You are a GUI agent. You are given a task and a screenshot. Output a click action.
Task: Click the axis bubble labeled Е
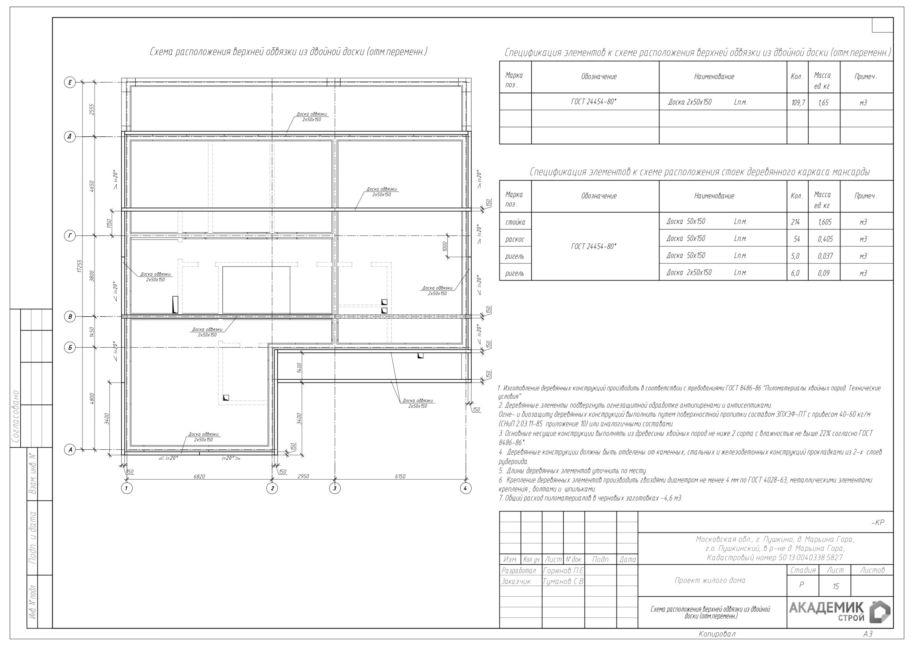tap(70, 82)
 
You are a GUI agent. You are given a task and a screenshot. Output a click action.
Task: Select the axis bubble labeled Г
tap(70, 236)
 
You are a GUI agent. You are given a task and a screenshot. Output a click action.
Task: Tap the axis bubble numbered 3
tap(335, 488)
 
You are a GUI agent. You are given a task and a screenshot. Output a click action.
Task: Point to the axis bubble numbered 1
tap(127, 488)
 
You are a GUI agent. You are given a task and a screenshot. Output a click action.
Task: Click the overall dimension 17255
tap(80, 266)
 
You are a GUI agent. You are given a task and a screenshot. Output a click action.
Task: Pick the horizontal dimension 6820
tap(200, 476)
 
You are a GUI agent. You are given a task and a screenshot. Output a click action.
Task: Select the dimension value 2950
tap(303, 476)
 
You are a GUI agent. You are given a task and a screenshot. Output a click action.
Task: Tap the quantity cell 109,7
tap(798, 103)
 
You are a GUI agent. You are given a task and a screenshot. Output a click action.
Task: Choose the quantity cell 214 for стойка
tap(795, 222)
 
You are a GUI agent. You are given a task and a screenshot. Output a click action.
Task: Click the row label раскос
tap(515, 239)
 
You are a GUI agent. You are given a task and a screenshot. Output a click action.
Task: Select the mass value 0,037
tap(825, 256)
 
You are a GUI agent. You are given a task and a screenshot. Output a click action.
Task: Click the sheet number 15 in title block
tap(836, 586)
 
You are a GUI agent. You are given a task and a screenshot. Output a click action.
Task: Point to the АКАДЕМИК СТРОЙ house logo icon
tap(880, 612)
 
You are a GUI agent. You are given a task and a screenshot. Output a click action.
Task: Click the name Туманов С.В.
tap(563, 581)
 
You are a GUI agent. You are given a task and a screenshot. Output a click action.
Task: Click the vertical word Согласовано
tap(15, 417)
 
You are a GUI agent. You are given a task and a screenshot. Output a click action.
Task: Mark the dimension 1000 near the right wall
tap(445, 246)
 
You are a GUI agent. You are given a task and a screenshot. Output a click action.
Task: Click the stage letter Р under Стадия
tap(801, 585)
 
